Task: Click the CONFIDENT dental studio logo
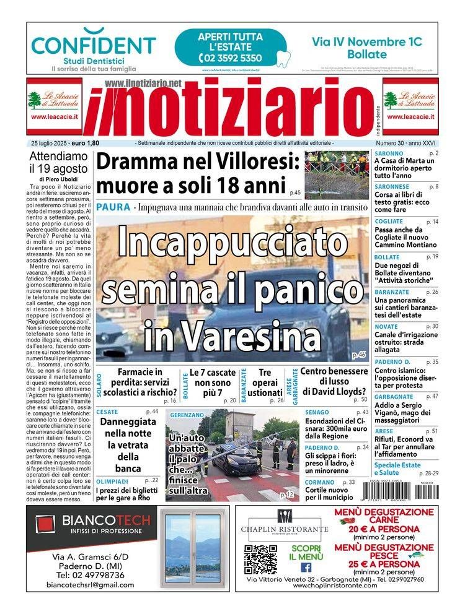[94, 45]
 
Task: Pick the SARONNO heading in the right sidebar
[389, 153]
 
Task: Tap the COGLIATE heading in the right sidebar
[389, 222]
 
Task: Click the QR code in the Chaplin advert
[260, 559]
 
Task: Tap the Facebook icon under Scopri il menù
[306, 567]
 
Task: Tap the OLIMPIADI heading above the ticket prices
[112, 480]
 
